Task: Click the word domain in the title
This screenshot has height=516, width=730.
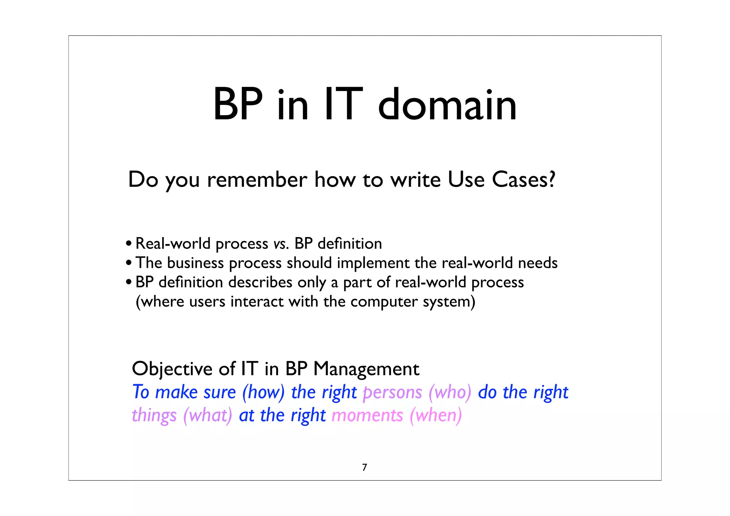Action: tap(447, 105)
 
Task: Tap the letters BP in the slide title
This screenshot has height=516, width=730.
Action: tap(238, 105)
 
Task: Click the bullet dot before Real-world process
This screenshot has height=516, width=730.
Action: tap(129, 244)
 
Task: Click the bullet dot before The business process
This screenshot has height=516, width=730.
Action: tap(129, 264)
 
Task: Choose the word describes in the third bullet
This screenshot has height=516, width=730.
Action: tap(260, 282)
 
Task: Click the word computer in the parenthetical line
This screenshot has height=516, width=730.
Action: tap(384, 302)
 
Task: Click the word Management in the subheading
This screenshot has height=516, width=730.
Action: tap(366, 369)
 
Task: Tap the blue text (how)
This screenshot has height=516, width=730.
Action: tap(263, 392)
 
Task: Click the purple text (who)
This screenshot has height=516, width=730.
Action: tap(450, 392)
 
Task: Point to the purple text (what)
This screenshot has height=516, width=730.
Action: tap(207, 415)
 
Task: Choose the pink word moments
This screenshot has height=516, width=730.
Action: tap(367, 415)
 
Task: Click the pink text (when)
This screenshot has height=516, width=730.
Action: tap(436, 415)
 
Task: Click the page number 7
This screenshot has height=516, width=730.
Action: tap(364, 468)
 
